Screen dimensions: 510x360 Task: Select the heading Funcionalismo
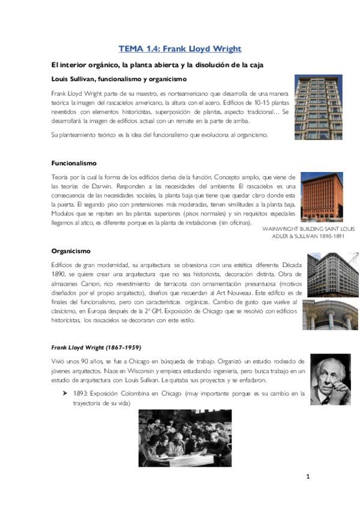(x=74, y=163)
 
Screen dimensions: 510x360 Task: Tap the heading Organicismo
(x=70, y=252)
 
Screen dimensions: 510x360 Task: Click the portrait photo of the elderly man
(x=330, y=379)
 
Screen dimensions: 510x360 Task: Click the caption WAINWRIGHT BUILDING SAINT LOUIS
(x=310, y=229)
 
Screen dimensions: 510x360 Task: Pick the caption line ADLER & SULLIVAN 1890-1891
(x=317, y=237)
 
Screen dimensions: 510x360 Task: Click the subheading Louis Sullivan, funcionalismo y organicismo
(x=119, y=79)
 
